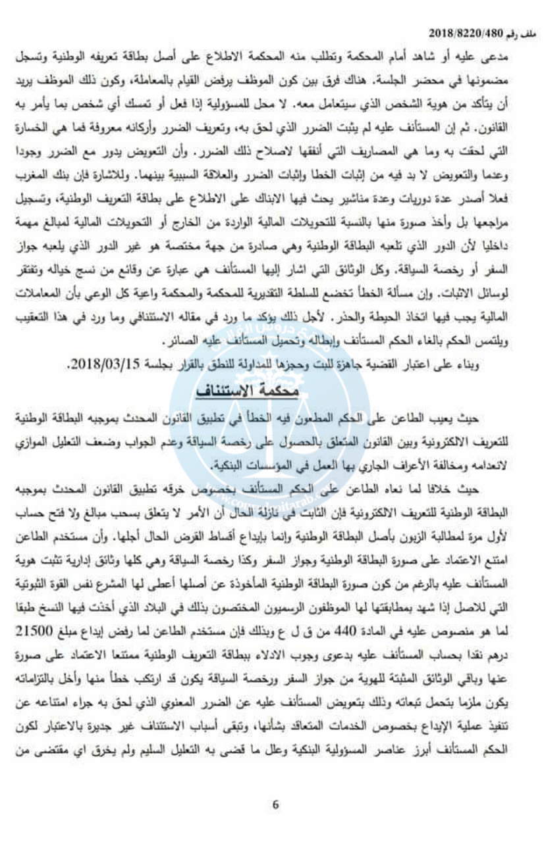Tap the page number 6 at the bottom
point(276,803)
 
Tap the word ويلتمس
point(511,343)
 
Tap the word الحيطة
point(402,324)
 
